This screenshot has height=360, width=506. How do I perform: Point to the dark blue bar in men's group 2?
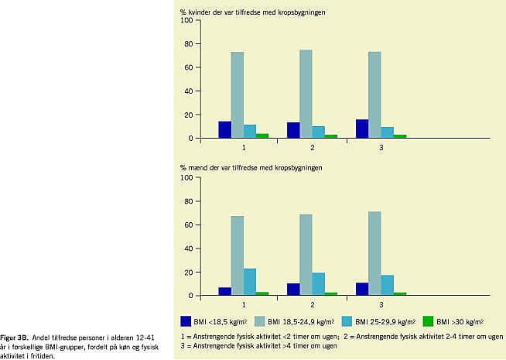coord(293,290)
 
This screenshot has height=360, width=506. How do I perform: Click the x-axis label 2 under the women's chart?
coord(312,146)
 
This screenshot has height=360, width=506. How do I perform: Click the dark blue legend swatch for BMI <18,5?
coord(186,321)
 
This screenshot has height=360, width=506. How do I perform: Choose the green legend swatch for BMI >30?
coord(429,321)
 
